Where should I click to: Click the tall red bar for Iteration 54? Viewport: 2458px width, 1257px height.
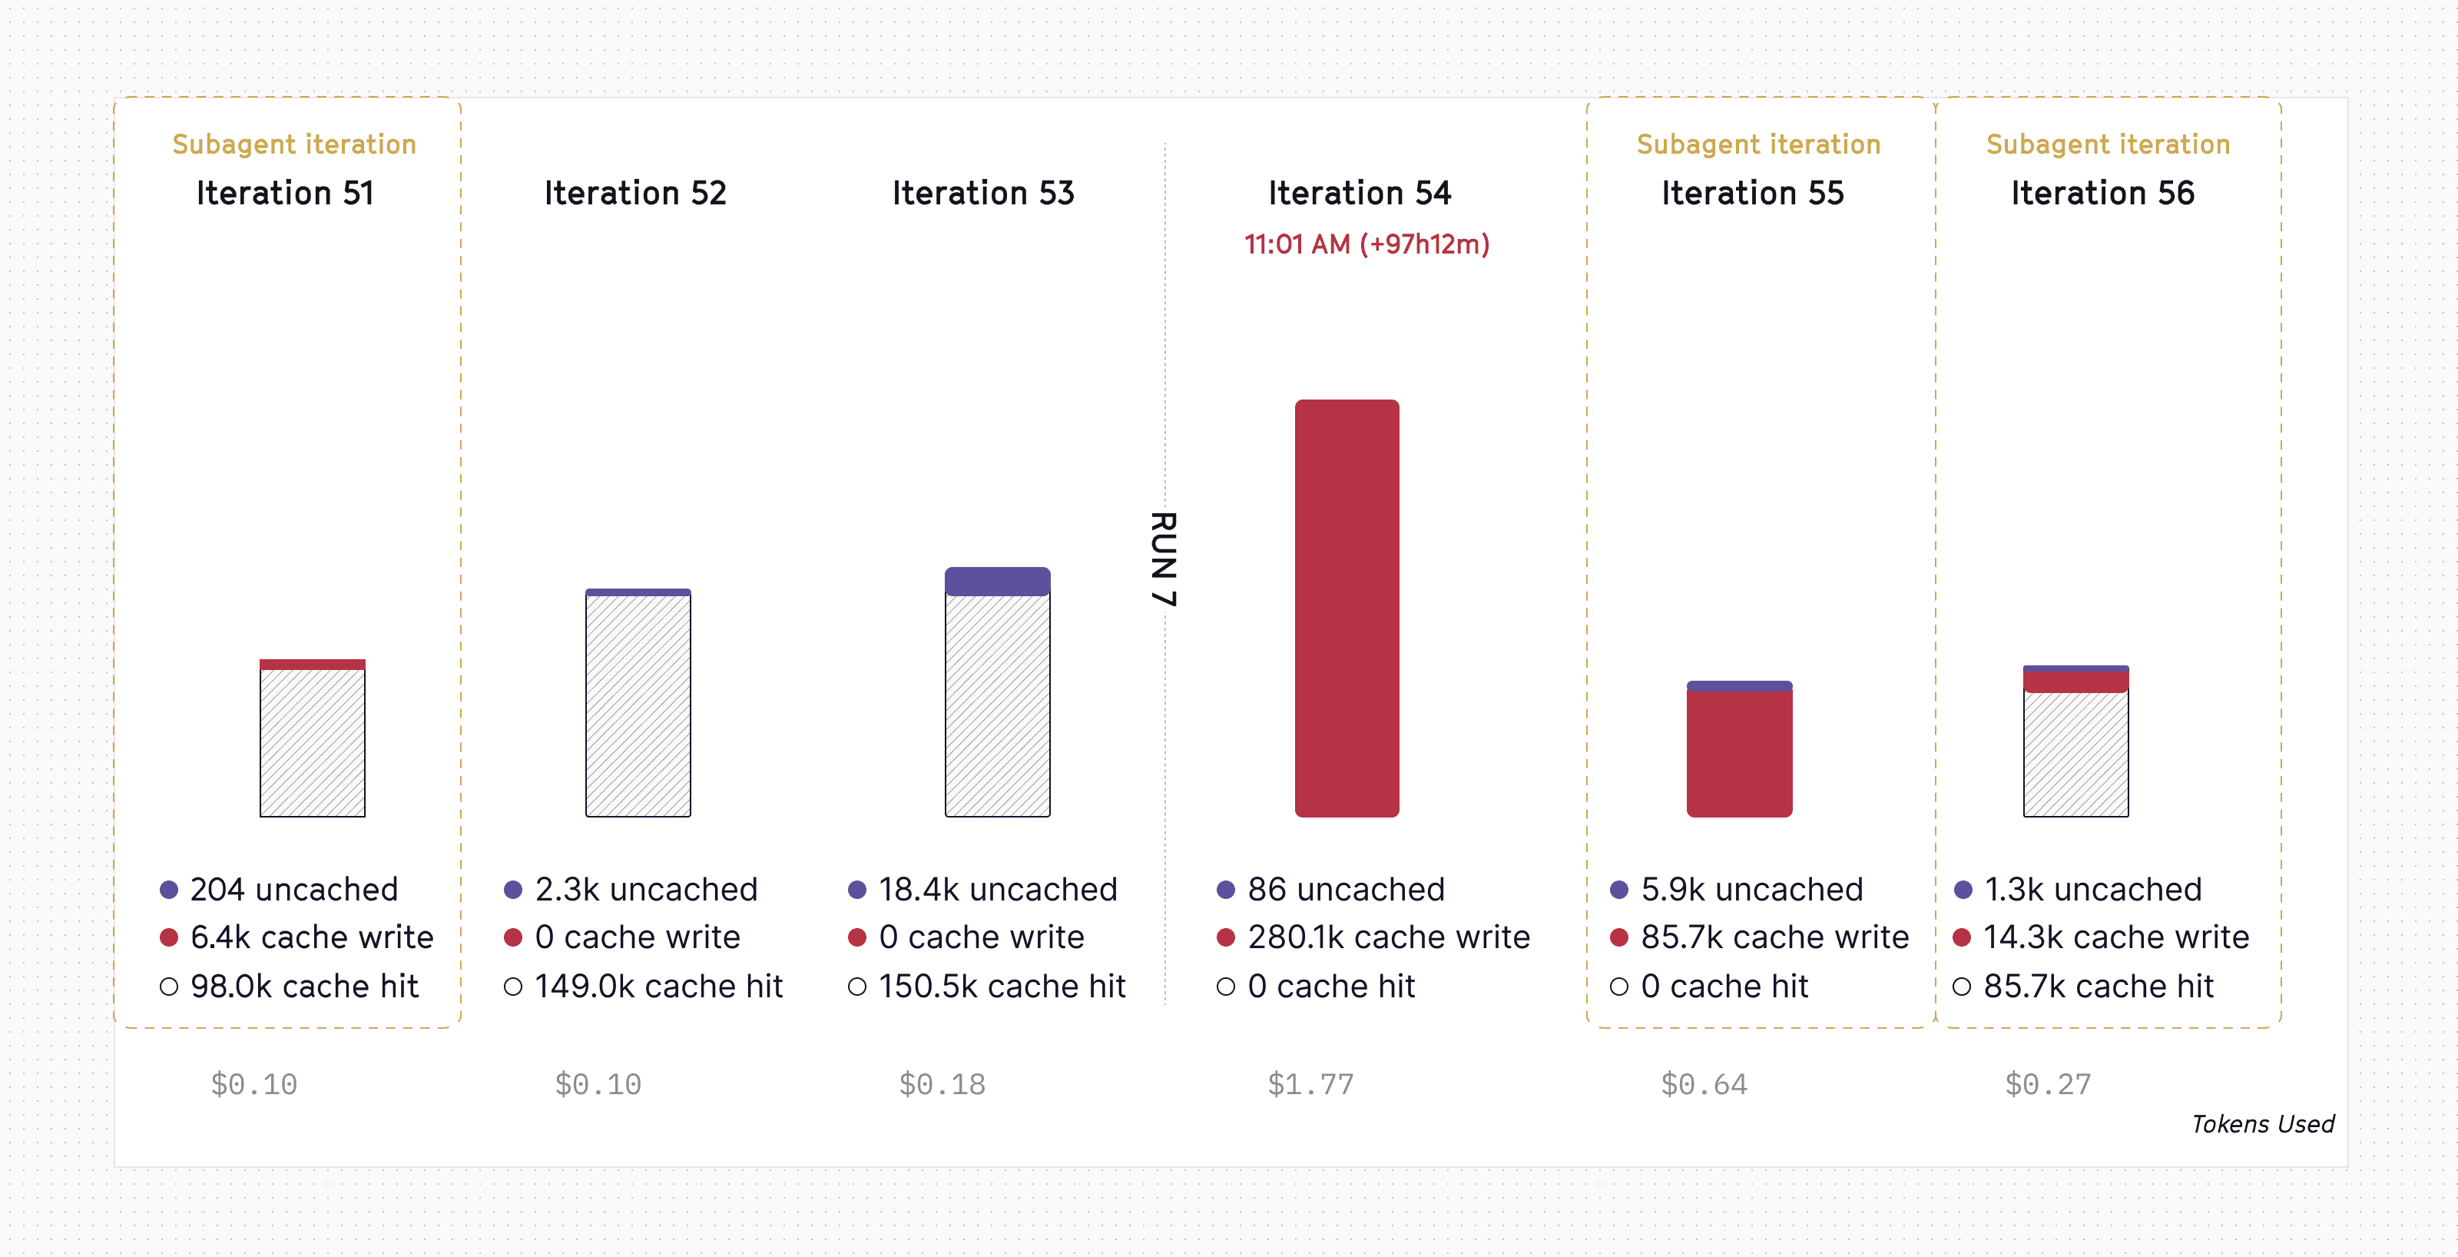(1347, 608)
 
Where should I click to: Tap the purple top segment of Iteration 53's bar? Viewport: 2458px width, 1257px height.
(997, 582)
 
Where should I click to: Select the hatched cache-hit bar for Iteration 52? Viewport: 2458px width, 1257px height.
(638, 706)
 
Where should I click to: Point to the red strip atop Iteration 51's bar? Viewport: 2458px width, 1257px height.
(312, 665)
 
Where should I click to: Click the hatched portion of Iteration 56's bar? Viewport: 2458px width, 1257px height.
(2075, 754)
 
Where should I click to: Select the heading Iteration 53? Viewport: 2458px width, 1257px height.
(983, 193)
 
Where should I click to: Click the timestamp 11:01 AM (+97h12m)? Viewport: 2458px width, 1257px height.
(1366, 244)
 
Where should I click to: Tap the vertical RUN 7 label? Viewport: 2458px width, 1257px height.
(1163, 559)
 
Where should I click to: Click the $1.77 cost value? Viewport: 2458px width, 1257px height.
(1310, 1084)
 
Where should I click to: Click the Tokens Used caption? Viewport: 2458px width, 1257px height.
(2262, 1123)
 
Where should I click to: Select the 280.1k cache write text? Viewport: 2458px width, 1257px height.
(1388, 937)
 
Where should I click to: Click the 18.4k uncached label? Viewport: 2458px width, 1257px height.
(997, 890)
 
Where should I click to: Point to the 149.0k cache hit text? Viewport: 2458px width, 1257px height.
(658, 986)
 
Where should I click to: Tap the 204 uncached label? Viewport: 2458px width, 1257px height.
(294, 890)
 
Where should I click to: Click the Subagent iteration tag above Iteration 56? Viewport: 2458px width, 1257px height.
(2108, 144)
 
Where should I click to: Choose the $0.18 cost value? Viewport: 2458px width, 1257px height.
(942, 1084)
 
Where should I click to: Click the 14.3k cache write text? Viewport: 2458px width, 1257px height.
(2115, 937)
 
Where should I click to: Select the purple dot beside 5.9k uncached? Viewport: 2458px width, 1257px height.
(1618, 890)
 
